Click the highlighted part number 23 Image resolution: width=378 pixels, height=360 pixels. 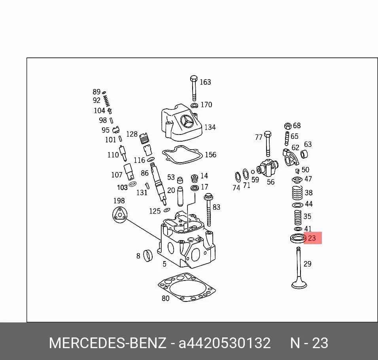coord(312,238)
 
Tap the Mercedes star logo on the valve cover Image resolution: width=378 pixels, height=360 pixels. coord(187,122)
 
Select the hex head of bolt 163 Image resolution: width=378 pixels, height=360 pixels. coord(194,79)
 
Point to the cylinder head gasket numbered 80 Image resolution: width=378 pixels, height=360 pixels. coord(187,287)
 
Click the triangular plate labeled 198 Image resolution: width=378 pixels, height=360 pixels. coord(119,214)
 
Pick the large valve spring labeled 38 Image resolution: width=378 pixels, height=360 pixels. coord(297,193)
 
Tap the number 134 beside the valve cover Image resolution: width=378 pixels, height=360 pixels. coord(210,127)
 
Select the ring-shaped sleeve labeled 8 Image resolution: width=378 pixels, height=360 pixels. coord(148,256)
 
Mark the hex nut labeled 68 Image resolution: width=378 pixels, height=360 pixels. coord(288,126)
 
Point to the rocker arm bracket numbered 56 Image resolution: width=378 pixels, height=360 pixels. coord(267,168)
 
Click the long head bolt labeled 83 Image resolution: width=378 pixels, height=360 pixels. coord(208,210)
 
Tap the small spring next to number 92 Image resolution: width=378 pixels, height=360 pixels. coord(106,100)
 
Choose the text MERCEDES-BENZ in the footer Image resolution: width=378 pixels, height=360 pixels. coord(108,343)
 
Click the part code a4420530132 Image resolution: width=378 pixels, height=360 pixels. coord(225,343)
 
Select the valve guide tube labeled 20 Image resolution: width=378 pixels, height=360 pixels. coord(180,196)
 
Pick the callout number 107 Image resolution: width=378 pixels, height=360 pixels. coord(117,174)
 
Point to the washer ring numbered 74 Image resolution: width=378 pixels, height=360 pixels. coord(238,177)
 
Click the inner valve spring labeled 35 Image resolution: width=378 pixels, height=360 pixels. coord(298,218)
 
